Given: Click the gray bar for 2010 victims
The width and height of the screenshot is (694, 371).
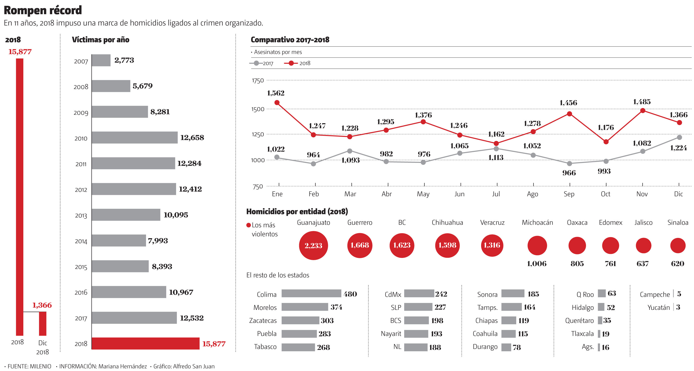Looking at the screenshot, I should [x=134, y=137].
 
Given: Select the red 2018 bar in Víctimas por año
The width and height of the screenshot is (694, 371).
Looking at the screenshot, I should [x=146, y=343].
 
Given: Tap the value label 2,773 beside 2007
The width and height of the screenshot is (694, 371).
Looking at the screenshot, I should [x=124, y=60].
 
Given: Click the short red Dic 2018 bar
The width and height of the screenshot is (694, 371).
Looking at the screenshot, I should [x=43, y=323].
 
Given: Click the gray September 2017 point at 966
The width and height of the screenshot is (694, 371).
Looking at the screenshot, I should [x=569, y=164].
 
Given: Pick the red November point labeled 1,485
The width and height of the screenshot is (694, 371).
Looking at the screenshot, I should [x=643, y=110].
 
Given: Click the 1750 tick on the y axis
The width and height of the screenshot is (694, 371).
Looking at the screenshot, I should [x=258, y=81].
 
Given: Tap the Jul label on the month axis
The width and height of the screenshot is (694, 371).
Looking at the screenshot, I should [x=496, y=194].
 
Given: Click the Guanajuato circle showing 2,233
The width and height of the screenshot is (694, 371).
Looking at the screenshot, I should [x=313, y=245].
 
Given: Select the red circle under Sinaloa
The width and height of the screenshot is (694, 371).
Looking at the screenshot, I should [x=678, y=245].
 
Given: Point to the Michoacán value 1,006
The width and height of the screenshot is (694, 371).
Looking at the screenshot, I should [x=537, y=263].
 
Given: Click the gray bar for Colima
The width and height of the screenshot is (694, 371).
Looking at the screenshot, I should [x=311, y=293].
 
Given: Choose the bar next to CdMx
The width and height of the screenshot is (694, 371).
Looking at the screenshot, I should [x=419, y=293].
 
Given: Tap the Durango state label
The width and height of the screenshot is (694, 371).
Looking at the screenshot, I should [x=485, y=347].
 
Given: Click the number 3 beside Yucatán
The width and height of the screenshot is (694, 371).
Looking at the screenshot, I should [x=678, y=307].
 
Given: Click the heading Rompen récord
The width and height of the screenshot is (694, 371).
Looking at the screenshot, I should [x=43, y=10].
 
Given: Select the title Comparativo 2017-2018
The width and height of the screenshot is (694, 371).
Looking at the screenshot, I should [x=290, y=40].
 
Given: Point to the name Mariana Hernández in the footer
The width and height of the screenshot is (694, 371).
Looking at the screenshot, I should [x=123, y=366].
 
